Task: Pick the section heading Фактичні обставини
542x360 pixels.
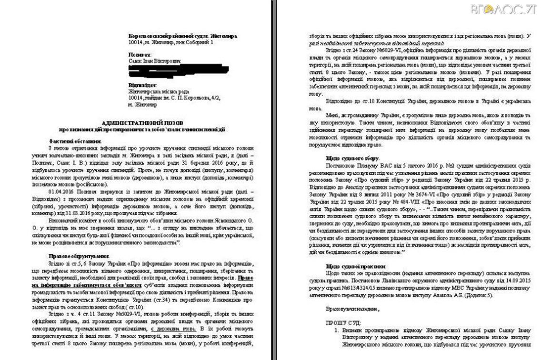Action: [75, 141]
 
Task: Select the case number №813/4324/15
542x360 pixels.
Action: [350, 288]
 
